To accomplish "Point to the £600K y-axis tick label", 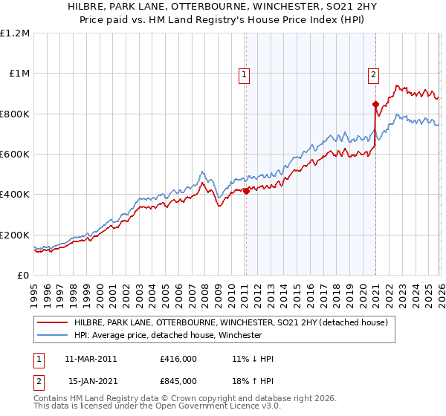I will (x=15, y=154).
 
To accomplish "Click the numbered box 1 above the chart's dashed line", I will (x=245, y=74).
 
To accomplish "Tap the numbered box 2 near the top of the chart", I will (x=373, y=74).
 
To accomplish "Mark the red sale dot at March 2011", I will (x=246, y=191).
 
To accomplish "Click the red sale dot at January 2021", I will (x=375, y=104).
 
